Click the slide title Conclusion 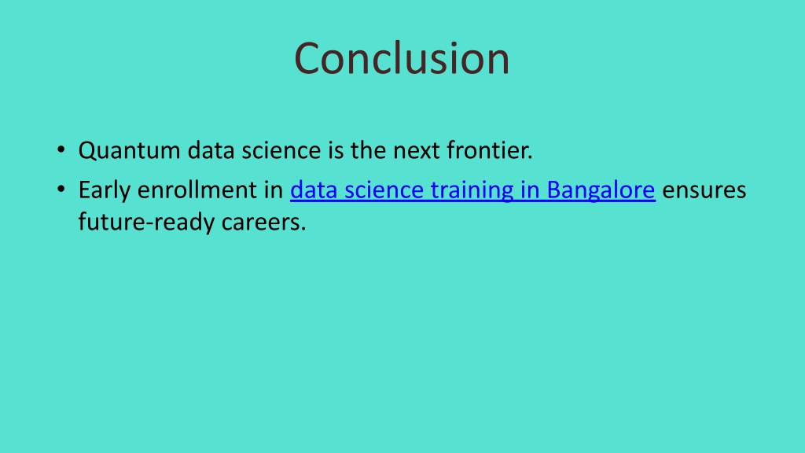click(402, 58)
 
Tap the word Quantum click(130, 150)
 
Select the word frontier click(490, 150)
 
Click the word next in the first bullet click(417, 151)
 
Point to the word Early click(105, 190)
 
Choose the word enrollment click(197, 190)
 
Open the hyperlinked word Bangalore click(601, 190)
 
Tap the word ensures click(704, 190)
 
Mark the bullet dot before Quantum click(61, 150)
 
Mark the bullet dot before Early click(61, 190)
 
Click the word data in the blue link click(314, 190)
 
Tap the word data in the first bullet click(211, 150)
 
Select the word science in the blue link click(384, 190)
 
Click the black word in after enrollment click(274, 190)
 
